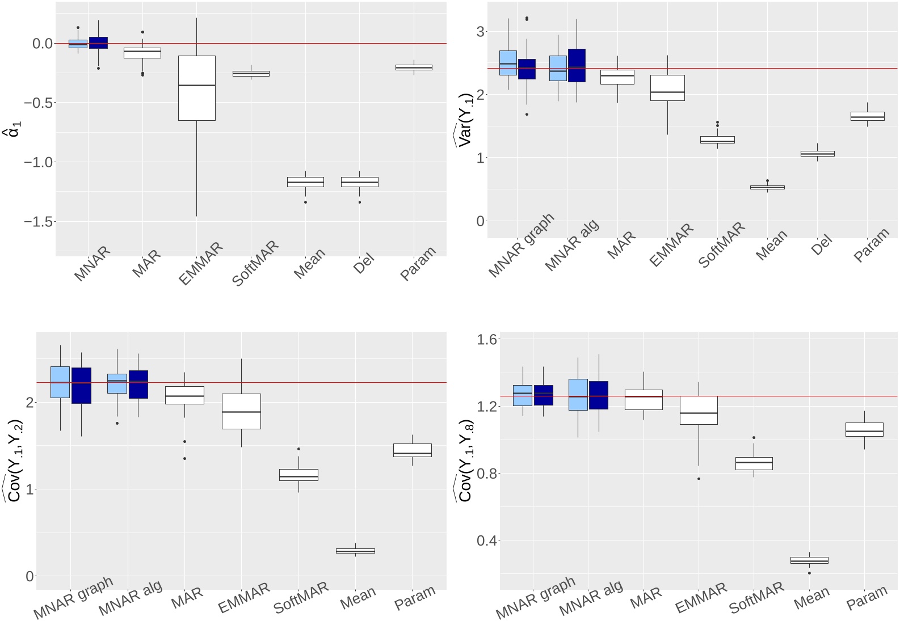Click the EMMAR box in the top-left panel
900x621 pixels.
pos(196,88)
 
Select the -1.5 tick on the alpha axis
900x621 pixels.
pos(39,222)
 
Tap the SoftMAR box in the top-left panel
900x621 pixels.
pos(251,73)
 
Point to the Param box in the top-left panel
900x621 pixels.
pos(414,67)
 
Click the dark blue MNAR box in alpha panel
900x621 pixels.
pos(98,43)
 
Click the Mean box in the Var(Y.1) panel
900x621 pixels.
pos(767,187)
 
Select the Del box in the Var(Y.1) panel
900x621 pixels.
pos(817,154)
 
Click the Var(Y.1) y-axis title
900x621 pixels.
pos(465,119)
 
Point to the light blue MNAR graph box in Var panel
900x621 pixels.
pos(508,63)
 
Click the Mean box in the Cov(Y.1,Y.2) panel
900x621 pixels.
pos(355,551)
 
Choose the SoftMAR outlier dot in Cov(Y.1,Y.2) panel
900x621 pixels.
pos(298,449)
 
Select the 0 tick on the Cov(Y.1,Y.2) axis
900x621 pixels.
pos(30,576)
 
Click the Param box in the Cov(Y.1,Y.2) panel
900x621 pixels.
pos(413,450)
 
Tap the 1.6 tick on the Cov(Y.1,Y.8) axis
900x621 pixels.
pos(487,340)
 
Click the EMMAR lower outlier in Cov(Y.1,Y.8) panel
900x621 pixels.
pos(699,479)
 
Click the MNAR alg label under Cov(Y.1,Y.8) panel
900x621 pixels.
pos(591,598)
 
